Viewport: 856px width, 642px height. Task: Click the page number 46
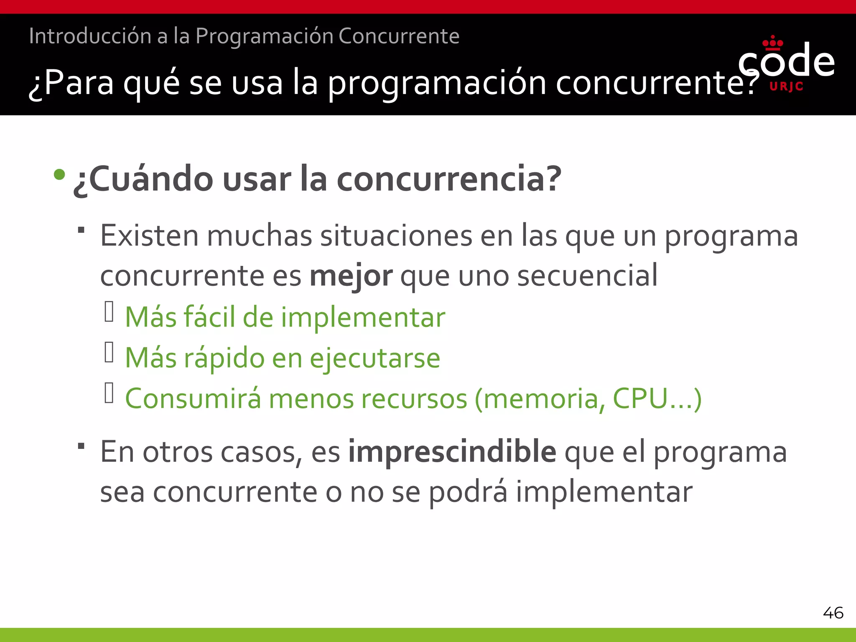[833, 613]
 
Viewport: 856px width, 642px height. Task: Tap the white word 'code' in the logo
[786, 62]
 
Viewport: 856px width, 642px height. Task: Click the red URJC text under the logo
[786, 87]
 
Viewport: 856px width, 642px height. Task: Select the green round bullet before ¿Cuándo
[59, 174]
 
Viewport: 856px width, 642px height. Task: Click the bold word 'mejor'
[351, 276]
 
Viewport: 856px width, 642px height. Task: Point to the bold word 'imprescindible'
[452, 451]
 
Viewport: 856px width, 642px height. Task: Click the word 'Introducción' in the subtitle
[90, 36]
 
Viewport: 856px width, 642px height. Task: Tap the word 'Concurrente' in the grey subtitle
[399, 36]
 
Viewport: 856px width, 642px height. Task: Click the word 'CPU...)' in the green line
[657, 398]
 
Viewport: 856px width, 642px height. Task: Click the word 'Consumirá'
[193, 398]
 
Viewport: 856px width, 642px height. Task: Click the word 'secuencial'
[587, 276]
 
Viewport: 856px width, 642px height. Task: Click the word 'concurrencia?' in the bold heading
[449, 179]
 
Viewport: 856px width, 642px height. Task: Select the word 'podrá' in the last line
[468, 492]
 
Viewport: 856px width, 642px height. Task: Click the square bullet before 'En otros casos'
[82, 446]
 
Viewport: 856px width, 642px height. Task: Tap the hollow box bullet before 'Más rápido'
[109, 352]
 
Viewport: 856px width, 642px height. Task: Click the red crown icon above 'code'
[772, 43]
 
